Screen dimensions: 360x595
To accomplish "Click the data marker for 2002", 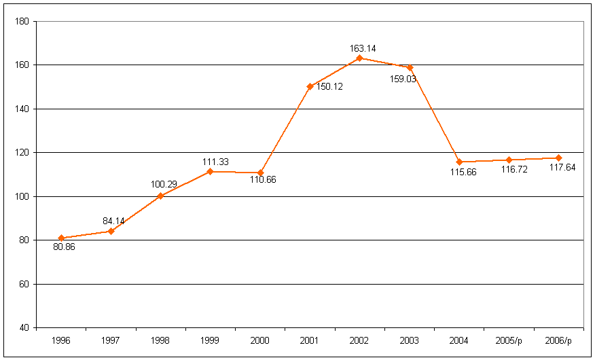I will (x=359, y=58).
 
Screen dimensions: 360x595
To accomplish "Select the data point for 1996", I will (x=61, y=238).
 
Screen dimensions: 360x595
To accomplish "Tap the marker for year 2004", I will (x=459, y=162).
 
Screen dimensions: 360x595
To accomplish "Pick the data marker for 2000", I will (x=260, y=173).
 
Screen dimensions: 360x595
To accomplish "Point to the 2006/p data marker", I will (x=558, y=158).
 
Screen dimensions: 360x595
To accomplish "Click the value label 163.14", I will (x=362, y=48).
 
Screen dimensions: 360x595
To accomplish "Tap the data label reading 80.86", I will (x=64, y=247).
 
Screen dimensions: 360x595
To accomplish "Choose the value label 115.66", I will (x=462, y=171).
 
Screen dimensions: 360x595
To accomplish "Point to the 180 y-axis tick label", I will (x=22, y=21).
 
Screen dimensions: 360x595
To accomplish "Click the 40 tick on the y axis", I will (x=24, y=327).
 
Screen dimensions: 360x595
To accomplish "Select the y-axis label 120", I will (x=22, y=152).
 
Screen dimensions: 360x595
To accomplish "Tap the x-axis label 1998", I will (x=160, y=340).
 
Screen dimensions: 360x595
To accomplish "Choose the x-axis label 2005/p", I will (x=509, y=340).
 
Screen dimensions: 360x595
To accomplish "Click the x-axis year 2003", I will (x=409, y=340).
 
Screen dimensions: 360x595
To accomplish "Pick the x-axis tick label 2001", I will (x=310, y=340).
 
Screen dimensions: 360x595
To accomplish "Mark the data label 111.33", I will (x=215, y=162).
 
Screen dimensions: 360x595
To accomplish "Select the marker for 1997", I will (x=111, y=231).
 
